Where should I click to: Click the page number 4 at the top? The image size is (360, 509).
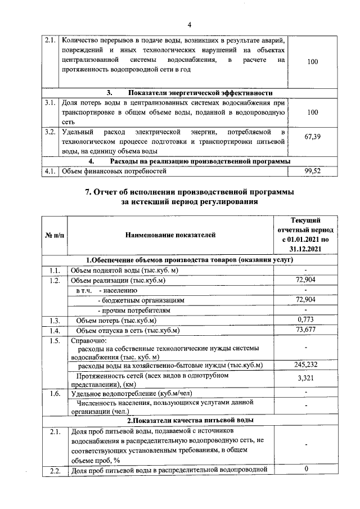point(190,25)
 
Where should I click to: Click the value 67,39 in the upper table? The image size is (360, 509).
point(312,137)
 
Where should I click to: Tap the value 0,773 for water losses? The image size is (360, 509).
point(305,320)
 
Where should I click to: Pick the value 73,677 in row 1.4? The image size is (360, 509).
point(305,330)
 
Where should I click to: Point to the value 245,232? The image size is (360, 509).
point(305,365)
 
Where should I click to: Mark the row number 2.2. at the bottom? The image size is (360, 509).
point(54,471)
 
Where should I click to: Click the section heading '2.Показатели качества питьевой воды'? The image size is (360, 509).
point(190,420)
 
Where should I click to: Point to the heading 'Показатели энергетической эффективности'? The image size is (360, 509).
point(190,93)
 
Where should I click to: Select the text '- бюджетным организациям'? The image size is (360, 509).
point(133,300)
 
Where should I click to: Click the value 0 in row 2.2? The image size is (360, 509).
point(305,469)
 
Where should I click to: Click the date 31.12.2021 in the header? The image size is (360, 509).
point(305,249)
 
